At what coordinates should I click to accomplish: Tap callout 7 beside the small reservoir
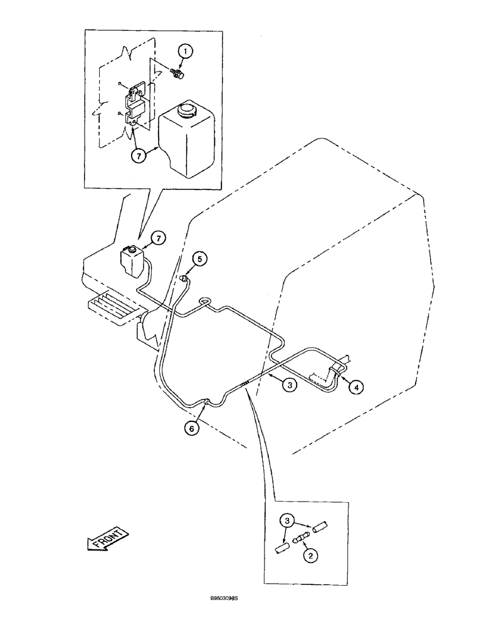[159, 238]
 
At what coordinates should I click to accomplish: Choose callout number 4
[354, 388]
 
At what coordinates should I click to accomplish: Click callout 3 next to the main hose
[288, 387]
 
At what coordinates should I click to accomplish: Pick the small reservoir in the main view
[132, 258]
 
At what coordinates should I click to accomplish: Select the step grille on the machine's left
[109, 307]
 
